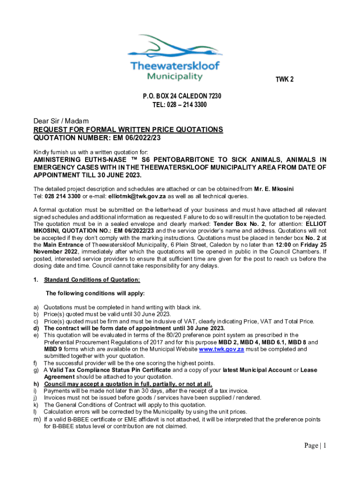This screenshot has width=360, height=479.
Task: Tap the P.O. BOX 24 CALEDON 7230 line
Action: pyautogui.click(x=181, y=96)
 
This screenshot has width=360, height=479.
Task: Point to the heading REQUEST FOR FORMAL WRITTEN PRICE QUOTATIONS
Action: pyautogui.click(x=128, y=130)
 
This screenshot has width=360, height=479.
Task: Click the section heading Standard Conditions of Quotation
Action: pyautogui.click(x=92, y=280)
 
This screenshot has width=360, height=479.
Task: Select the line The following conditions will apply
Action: pyautogui.click(x=95, y=293)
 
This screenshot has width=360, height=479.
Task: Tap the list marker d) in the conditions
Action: pyautogui.click(x=36, y=328)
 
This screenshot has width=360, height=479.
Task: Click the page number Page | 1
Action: pyautogui.click(x=315, y=446)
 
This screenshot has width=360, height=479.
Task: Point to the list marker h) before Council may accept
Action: pyautogui.click(x=36, y=384)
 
